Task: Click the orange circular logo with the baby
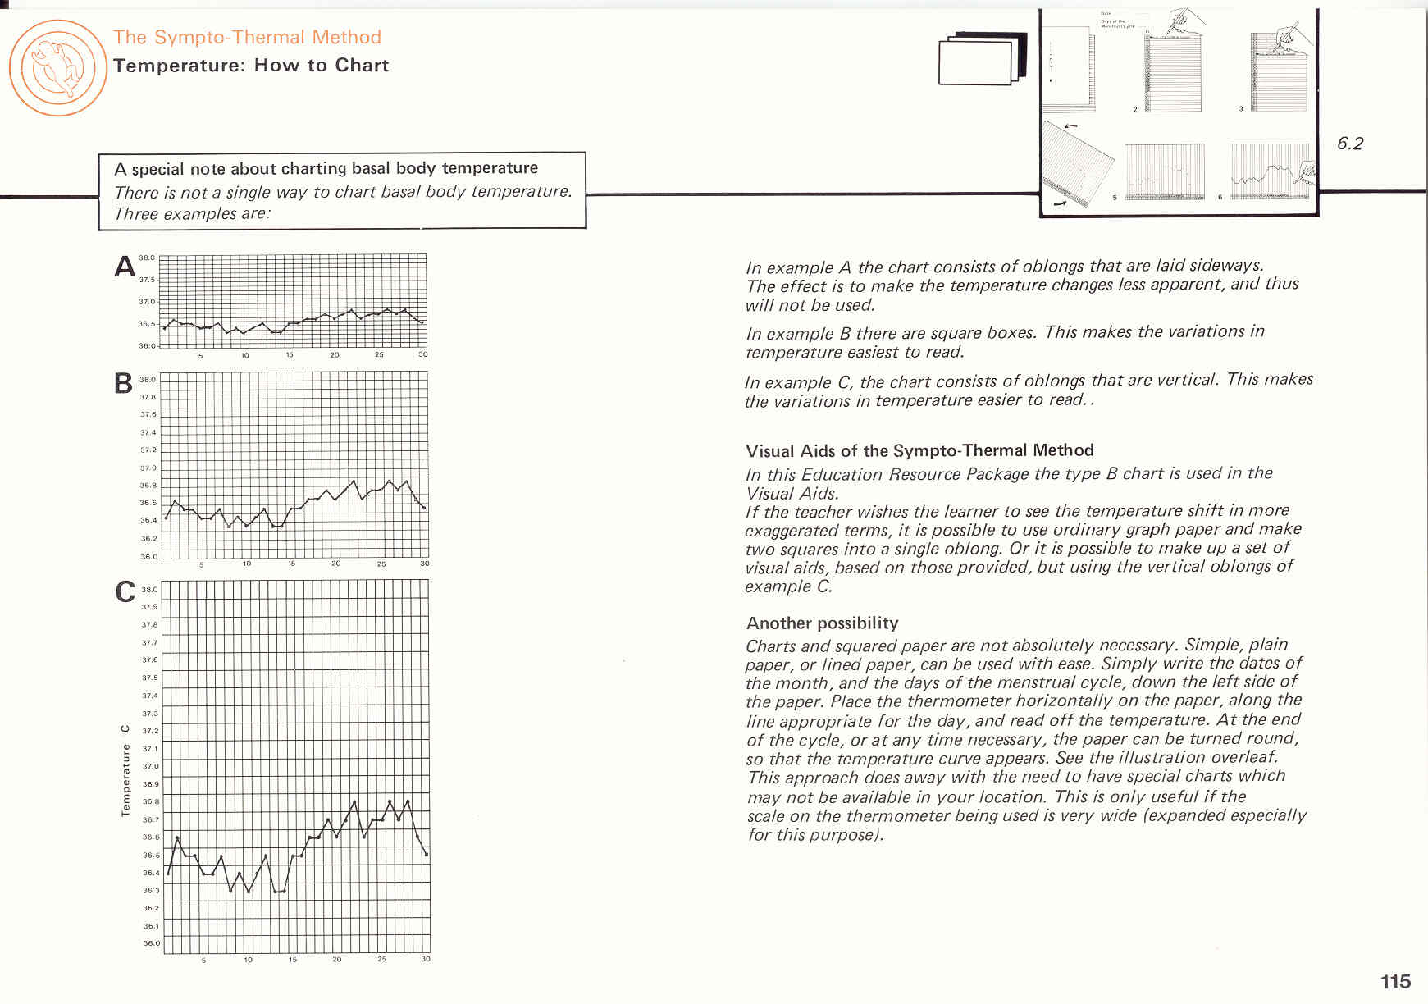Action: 57,67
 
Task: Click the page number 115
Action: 1395,981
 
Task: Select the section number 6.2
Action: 1349,144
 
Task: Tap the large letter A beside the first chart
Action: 125,267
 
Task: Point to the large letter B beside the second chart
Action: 123,383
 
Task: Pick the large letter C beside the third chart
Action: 125,591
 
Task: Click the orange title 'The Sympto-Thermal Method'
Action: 247,37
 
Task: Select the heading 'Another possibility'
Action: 822,623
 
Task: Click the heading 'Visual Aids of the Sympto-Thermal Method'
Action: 919,450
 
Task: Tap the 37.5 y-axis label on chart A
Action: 147,280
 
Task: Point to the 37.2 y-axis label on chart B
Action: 148,450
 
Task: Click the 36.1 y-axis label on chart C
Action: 151,926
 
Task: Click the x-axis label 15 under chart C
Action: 292,959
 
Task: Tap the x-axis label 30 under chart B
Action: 424,564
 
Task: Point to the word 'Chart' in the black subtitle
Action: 362,66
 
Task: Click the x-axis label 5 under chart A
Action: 200,355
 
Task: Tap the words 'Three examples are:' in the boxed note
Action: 193,214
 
